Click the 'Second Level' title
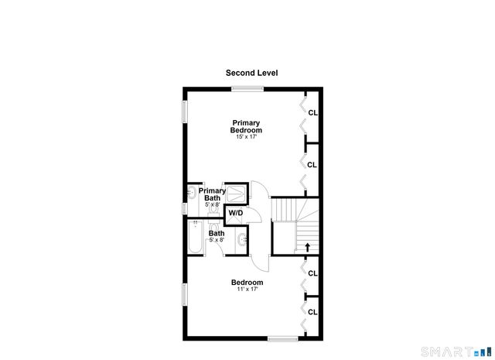251,73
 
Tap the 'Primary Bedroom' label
246,126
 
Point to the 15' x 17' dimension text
246,137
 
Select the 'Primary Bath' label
212,194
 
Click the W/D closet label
235,213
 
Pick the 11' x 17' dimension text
247,290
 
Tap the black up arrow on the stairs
308,248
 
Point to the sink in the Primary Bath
192,191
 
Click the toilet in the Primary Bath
212,208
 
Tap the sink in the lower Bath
241,240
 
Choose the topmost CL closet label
312,112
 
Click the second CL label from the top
312,165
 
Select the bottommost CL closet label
312,312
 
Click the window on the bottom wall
282,338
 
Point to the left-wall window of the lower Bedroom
184,295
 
